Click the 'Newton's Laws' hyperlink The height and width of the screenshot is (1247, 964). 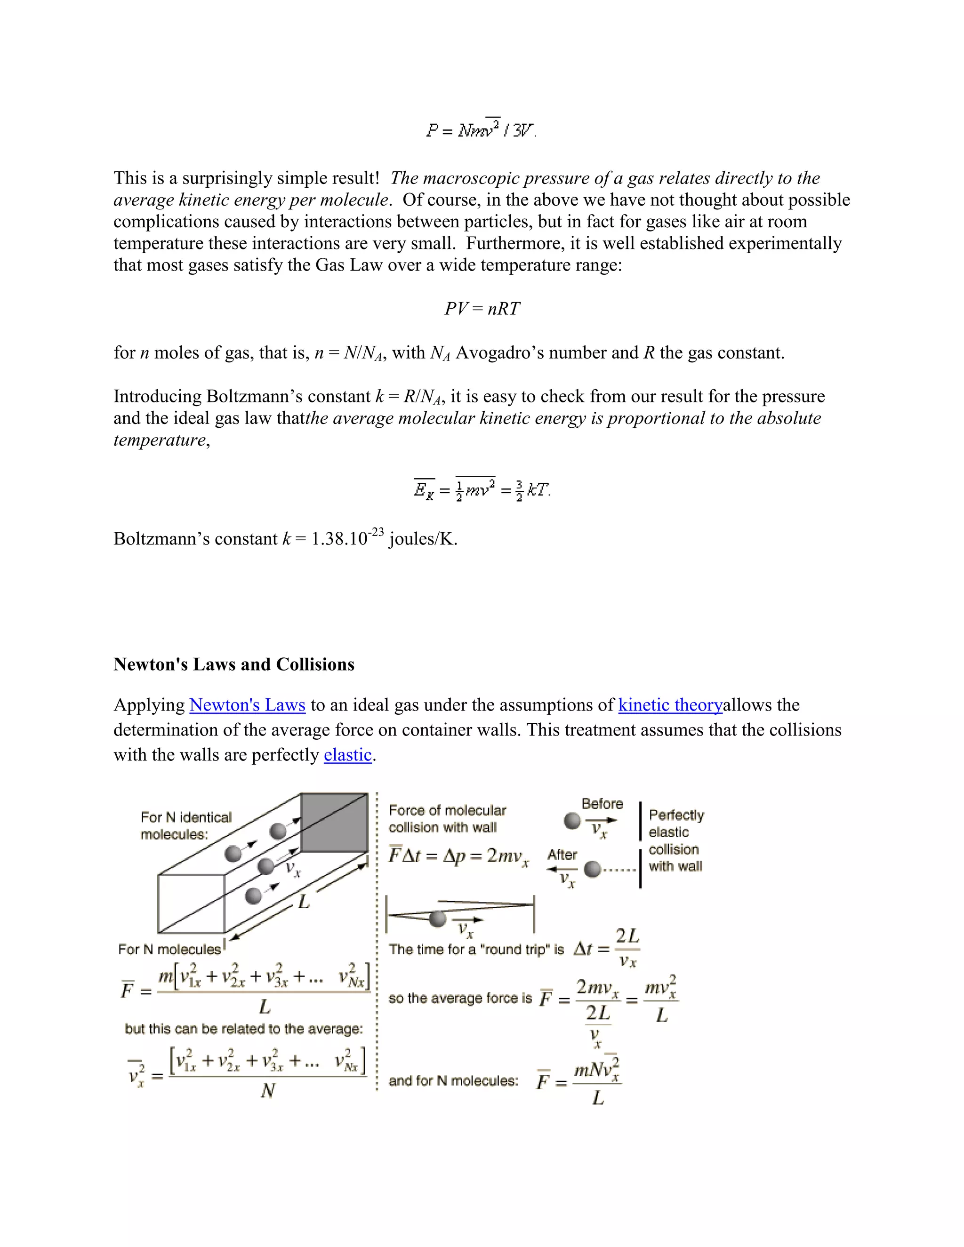[x=247, y=705]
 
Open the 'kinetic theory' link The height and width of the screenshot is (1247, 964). [x=670, y=705]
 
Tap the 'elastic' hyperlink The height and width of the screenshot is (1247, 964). [x=347, y=755]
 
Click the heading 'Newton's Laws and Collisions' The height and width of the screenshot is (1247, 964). [x=233, y=664]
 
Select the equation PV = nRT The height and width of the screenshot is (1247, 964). [x=482, y=309]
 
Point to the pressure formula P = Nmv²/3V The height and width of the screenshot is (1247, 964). [x=481, y=129]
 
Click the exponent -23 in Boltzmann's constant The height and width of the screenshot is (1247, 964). [x=375, y=532]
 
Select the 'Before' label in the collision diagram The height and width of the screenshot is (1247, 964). [x=602, y=804]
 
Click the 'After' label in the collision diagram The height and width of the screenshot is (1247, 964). [x=562, y=855]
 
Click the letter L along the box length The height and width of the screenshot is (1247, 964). [x=304, y=902]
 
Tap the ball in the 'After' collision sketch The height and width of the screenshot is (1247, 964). [x=593, y=869]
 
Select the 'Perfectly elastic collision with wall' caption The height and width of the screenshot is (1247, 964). [x=675, y=840]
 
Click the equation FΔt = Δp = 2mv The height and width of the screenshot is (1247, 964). [x=458, y=856]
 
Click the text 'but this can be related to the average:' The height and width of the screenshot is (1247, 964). [x=244, y=1029]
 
